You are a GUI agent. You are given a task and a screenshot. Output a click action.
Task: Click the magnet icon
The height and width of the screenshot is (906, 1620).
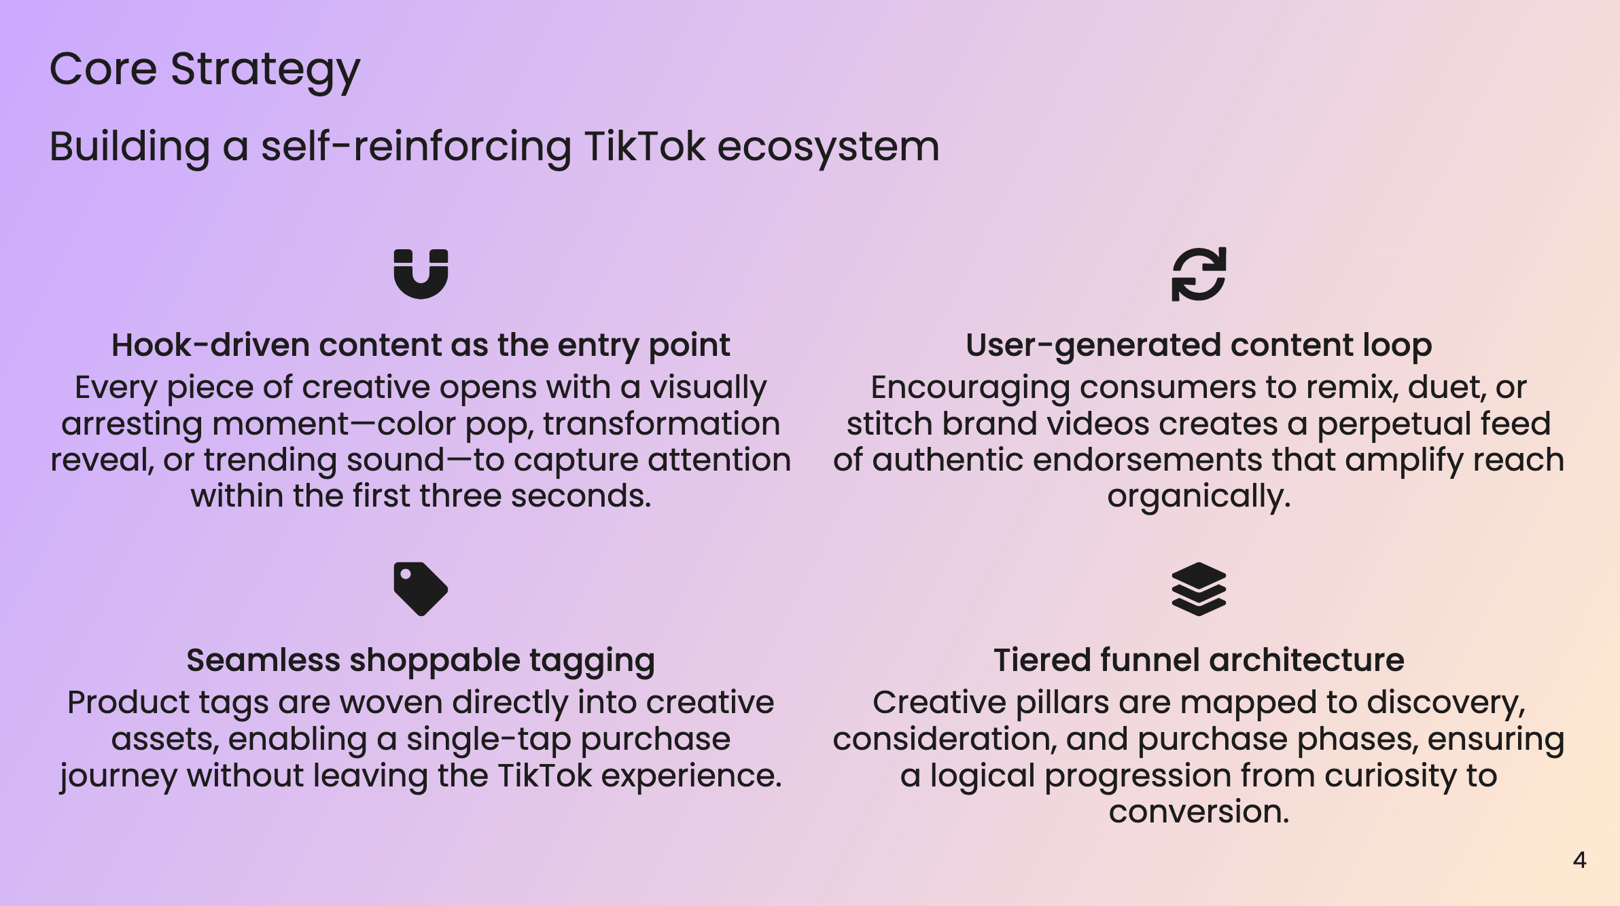421,274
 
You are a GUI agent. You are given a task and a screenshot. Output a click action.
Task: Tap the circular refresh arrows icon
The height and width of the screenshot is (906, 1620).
1199,274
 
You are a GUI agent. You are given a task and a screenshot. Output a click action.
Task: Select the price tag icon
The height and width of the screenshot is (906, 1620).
421,589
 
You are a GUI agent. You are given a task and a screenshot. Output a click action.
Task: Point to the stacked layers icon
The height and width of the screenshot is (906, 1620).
1199,589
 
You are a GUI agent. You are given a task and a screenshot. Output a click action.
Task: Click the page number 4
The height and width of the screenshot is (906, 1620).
1579,860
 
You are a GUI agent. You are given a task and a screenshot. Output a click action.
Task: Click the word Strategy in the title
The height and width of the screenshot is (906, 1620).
265,70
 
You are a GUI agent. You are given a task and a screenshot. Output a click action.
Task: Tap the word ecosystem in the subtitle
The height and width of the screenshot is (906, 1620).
828,147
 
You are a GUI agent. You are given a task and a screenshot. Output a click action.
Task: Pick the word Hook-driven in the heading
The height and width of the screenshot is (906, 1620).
211,345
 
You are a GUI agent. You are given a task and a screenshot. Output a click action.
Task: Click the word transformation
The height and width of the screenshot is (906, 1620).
661,424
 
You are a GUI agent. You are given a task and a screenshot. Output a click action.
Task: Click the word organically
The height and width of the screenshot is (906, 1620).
1199,497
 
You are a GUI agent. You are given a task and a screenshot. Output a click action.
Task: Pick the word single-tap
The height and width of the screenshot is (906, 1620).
489,739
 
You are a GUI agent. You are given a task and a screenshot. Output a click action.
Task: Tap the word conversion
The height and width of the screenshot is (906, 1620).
1199,812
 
